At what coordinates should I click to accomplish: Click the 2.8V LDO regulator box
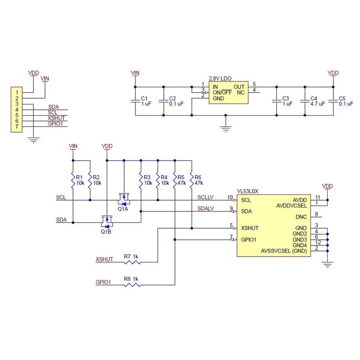[x=229, y=93]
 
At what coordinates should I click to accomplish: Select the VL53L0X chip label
[x=247, y=191]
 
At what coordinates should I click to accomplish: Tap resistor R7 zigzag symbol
[x=132, y=262]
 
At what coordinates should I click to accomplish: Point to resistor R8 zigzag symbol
[x=132, y=285]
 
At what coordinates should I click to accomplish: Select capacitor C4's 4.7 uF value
[x=318, y=104]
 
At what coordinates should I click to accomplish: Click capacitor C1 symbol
[x=135, y=101]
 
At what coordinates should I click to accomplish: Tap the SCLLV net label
[x=206, y=197]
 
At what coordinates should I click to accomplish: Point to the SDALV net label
[x=206, y=208]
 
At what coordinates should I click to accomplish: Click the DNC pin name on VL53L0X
[x=301, y=217]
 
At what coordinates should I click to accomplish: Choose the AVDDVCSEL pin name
[x=292, y=206]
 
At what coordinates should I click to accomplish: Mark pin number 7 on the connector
[x=17, y=126]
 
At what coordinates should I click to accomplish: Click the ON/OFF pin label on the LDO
[x=222, y=93]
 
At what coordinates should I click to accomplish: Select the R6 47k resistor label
[x=199, y=180]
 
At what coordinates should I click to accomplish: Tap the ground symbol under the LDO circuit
[x=226, y=129]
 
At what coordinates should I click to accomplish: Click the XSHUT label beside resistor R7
[x=104, y=259]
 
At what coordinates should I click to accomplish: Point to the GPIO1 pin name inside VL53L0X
[x=249, y=240]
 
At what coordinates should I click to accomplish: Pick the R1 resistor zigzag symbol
[x=73, y=180]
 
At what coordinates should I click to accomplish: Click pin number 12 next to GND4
[x=318, y=243]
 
